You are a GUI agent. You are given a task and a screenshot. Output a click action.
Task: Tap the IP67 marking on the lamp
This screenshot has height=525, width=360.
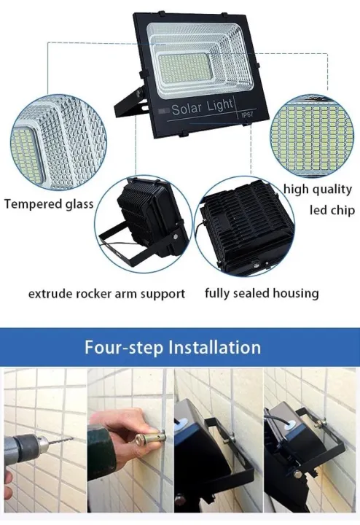(236, 115)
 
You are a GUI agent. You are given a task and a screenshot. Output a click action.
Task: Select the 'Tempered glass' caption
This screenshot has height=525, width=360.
(48, 204)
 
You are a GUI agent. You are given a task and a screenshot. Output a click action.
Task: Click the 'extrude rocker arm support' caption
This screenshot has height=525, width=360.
(106, 294)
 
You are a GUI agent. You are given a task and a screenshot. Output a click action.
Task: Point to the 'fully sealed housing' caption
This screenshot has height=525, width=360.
(262, 294)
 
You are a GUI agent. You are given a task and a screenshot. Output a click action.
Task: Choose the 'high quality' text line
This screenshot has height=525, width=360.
(317, 190)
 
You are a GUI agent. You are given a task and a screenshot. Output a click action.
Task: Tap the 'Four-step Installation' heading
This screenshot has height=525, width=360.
(173, 346)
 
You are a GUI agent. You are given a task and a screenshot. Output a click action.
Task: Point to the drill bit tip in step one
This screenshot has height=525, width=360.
(65, 443)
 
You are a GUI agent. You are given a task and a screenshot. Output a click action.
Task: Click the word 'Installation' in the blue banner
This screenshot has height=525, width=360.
(214, 346)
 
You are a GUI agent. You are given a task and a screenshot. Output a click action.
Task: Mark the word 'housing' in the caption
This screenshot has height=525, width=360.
(294, 294)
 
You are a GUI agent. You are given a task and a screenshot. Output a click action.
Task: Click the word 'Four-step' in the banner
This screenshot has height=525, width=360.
(125, 346)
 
